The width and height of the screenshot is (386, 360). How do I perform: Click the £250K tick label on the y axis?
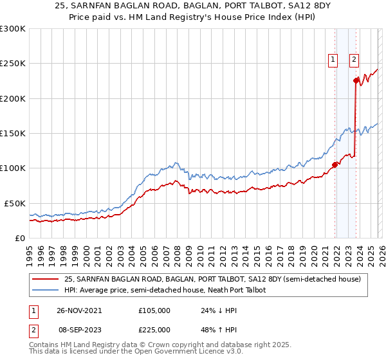[x=13, y=64]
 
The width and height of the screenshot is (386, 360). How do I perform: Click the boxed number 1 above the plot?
[x=333, y=60]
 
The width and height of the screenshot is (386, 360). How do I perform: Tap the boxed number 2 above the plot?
[x=354, y=60]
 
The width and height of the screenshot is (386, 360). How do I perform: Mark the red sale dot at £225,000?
[x=356, y=81]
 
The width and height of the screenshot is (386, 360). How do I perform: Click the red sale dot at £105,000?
[x=335, y=165]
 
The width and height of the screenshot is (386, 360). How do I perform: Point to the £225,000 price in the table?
[x=154, y=330]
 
